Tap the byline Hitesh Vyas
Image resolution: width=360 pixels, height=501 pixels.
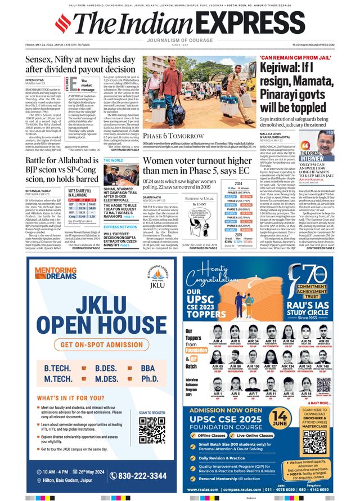click(34, 80)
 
